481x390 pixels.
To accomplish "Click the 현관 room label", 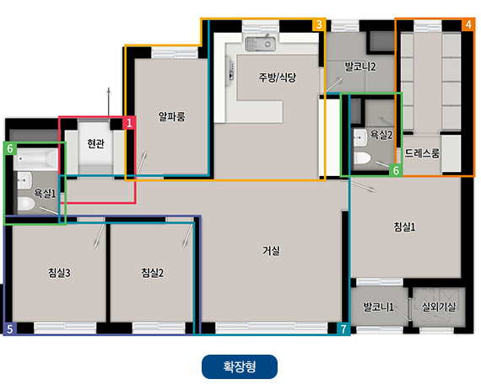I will click(x=95, y=144).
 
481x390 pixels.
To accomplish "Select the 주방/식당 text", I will click(x=278, y=77).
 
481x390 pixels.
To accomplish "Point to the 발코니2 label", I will click(x=360, y=65).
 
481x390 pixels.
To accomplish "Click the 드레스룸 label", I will click(x=422, y=153).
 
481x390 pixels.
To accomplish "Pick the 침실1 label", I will click(x=404, y=226).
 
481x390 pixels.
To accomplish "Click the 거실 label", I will click(x=271, y=250).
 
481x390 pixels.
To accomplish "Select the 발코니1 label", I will click(x=379, y=307).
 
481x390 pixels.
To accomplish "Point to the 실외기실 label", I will click(x=438, y=307).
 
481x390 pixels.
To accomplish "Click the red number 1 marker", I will click(x=129, y=123).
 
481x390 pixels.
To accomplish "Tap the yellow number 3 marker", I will click(x=318, y=24).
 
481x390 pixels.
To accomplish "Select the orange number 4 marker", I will click(x=467, y=24).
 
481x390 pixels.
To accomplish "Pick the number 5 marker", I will click(x=10, y=329).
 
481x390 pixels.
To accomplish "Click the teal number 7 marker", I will click(x=343, y=329).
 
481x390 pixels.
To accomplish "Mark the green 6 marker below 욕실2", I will click(x=396, y=169).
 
